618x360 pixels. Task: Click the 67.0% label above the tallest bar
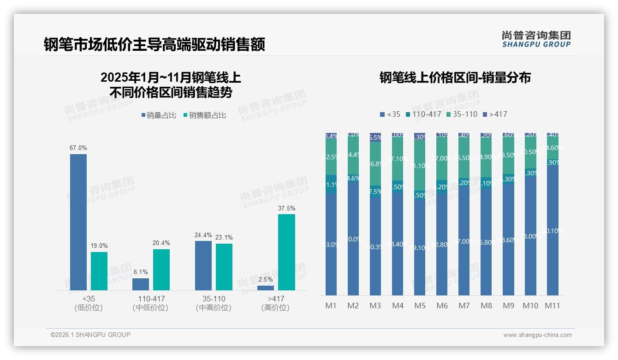pyautogui.click(x=78, y=148)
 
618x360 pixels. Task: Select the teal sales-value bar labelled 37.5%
pyautogui.click(x=286, y=252)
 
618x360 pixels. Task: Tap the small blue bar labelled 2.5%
pyautogui.click(x=266, y=288)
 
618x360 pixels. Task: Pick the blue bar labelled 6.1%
pyautogui.click(x=141, y=284)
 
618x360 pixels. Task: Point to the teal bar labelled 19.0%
pyautogui.click(x=99, y=271)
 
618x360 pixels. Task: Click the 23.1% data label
pyautogui.click(x=224, y=238)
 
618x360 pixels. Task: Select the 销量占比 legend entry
pyautogui.click(x=159, y=115)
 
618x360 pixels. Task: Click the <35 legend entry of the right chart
pyautogui.click(x=390, y=114)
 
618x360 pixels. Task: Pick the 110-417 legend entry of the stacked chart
pyautogui.click(x=423, y=114)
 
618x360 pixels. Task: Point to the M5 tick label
pyautogui.click(x=420, y=306)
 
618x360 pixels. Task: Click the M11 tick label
pyautogui.click(x=553, y=306)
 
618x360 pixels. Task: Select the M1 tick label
pyautogui.click(x=331, y=306)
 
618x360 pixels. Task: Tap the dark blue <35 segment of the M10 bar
pyautogui.click(x=530, y=235)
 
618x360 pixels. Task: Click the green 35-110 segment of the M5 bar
pyautogui.click(x=420, y=165)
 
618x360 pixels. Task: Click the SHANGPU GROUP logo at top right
pyautogui.click(x=536, y=39)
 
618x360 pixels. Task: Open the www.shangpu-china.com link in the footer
pyautogui.click(x=537, y=335)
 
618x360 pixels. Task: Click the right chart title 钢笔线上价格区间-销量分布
pyautogui.click(x=455, y=78)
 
